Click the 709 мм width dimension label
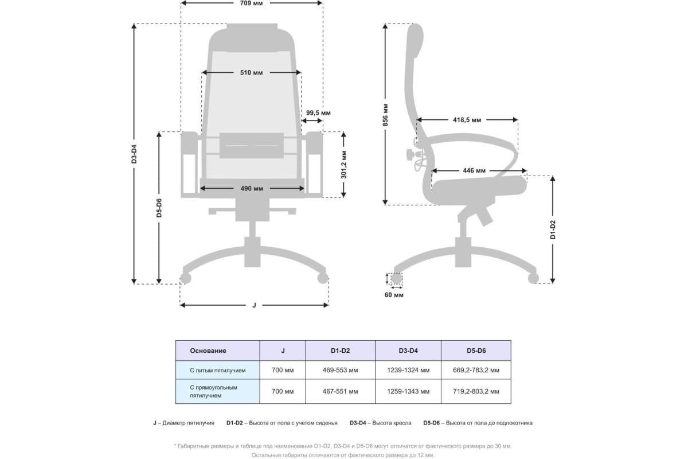click(x=251, y=3)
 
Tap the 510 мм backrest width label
click(x=251, y=73)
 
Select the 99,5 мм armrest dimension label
click(x=318, y=113)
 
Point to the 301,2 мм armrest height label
click(x=343, y=165)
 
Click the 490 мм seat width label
click(x=252, y=188)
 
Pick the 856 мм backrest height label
click(x=385, y=115)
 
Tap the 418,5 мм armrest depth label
click(x=467, y=120)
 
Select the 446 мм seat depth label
click(x=474, y=170)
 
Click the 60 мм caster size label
click(x=394, y=295)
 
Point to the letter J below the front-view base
click(x=254, y=305)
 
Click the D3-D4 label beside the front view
click(x=134, y=154)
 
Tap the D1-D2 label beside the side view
click(x=553, y=229)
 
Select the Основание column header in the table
click(x=208, y=351)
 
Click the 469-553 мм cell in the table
click(x=340, y=370)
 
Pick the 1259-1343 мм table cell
click(x=408, y=391)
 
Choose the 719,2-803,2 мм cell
click(x=476, y=391)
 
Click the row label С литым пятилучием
click(x=217, y=371)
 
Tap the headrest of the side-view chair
click(x=415, y=41)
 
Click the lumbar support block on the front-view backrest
click(x=252, y=145)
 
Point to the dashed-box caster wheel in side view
click(x=396, y=278)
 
